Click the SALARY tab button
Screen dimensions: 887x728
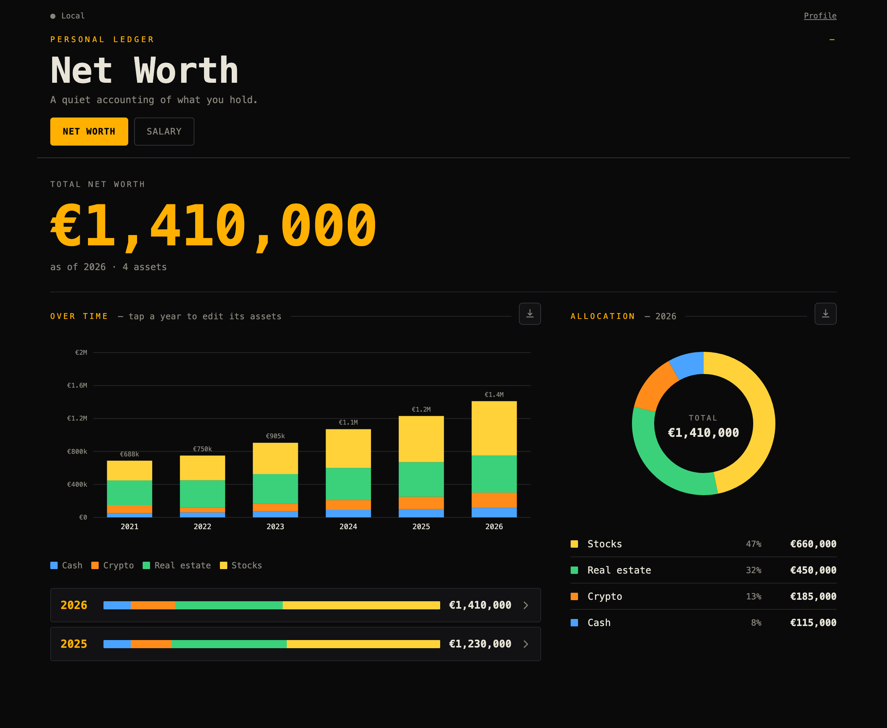tap(164, 132)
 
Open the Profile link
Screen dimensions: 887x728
tap(820, 16)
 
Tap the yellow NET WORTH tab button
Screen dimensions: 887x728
tap(89, 132)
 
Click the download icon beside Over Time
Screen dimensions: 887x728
tap(530, 314)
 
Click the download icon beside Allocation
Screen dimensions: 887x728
tap(825, 314)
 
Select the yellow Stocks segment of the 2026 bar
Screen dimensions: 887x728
tap(494, 428)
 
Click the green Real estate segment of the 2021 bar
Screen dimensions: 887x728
tap(130, 493)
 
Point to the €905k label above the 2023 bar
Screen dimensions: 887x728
tap(276, 436)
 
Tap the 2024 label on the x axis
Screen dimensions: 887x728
tap(348, 527)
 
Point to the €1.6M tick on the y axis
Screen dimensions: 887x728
tap(77, 385)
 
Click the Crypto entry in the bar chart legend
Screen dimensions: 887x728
tap(113, 565)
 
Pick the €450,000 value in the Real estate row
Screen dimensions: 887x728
tap(813, 570)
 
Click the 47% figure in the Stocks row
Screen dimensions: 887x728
tap(754, 544)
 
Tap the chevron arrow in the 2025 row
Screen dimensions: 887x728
tap(526, 644)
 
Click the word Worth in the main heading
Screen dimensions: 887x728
tap(186, 71)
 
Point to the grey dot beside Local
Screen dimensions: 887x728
tap(53, 16)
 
